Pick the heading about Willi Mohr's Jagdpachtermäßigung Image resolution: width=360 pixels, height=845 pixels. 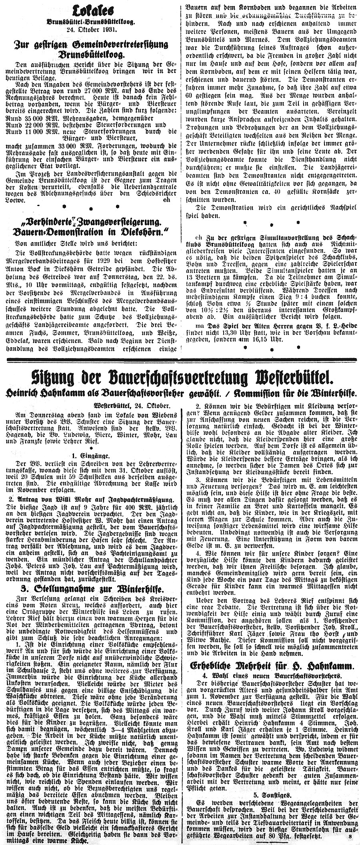(91, 500)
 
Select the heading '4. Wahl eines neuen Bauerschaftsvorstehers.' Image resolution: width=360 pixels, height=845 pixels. (271, 675)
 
